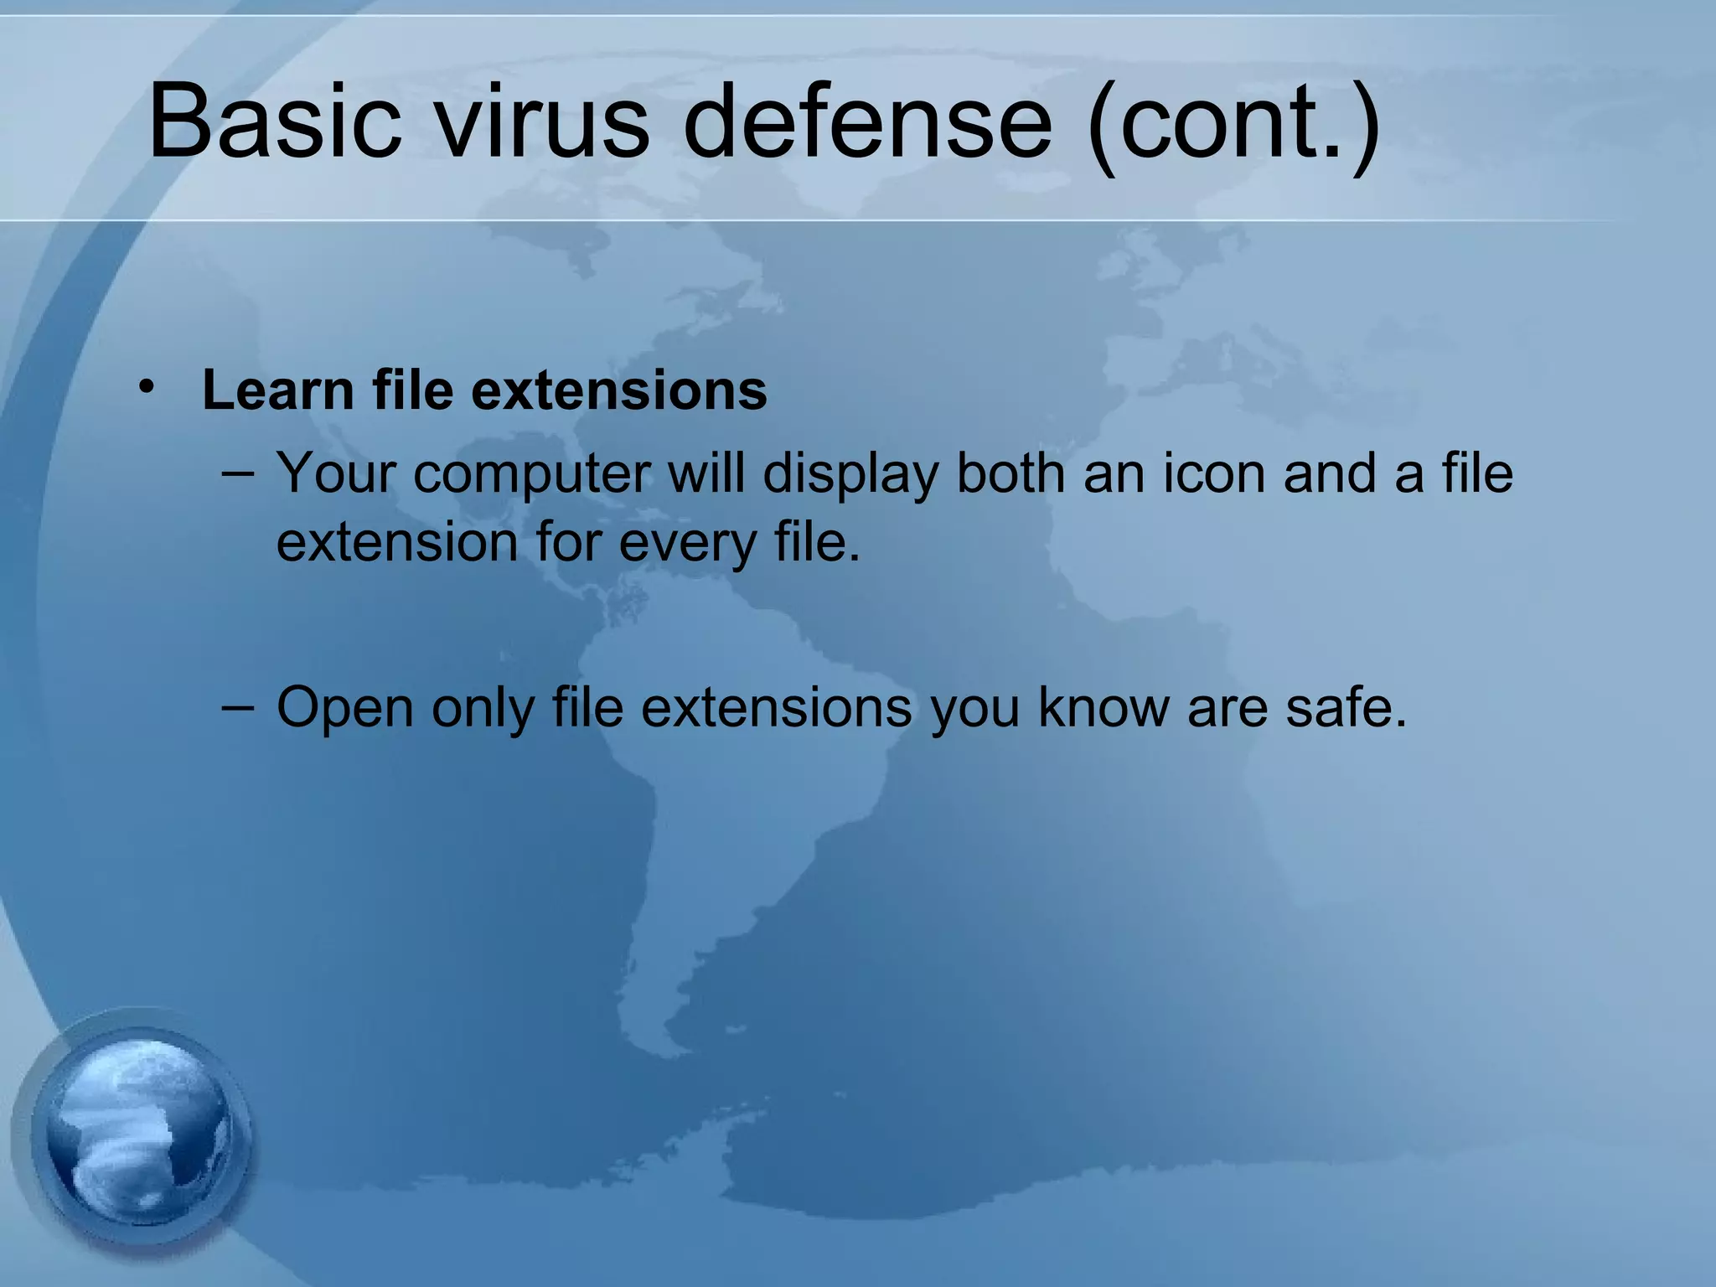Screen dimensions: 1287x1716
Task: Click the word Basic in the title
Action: tap(275, 121)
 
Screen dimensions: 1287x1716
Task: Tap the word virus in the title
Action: tap(543, 121)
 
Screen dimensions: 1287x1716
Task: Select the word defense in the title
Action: tap(867, 121)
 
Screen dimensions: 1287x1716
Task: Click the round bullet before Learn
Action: tap(147, 388)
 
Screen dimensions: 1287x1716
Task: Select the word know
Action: tap(1104, 707)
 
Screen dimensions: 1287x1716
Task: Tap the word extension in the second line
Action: tap(397, 542)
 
